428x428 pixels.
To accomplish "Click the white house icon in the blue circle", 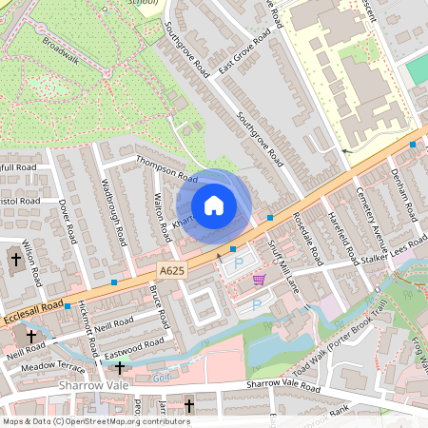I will coord(214,204).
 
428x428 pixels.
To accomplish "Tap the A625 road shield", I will coord(169,272).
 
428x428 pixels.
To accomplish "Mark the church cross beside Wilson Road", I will coord(15,259).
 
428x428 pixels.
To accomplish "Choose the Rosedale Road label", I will coord(307,238).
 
